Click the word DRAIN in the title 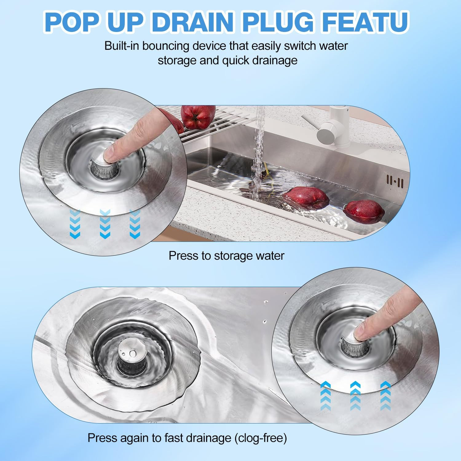[193, 22]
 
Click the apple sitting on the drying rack [198, 117]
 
